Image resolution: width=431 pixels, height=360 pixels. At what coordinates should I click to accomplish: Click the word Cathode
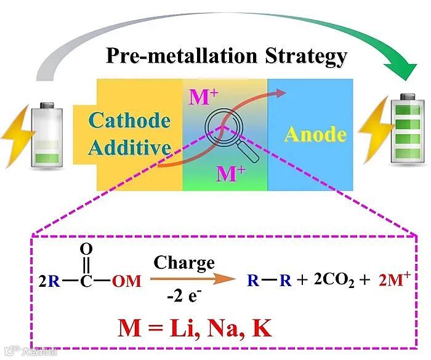pos(129,120)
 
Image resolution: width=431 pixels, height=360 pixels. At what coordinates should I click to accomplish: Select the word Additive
pos(129,148)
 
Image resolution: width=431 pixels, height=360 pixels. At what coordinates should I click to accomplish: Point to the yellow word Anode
pos(315,134)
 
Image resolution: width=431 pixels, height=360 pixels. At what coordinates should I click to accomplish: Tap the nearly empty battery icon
pos(48,134)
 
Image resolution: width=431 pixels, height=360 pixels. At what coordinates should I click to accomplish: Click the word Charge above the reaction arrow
pos(184,263)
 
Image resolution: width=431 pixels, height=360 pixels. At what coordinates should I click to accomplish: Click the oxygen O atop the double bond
pos(87,249)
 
